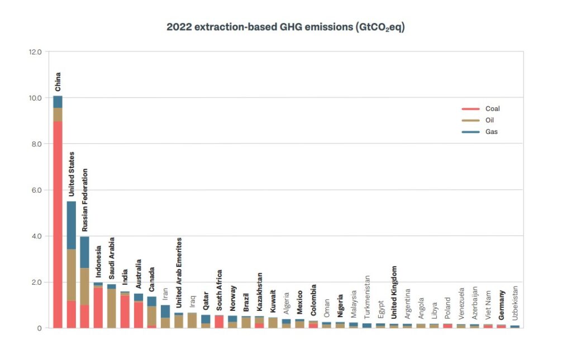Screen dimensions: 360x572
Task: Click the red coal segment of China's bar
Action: [x=58, y=223]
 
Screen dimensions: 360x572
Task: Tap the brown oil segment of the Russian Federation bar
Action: [x=84, y=286]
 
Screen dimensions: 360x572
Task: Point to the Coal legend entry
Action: [x=492, y=109]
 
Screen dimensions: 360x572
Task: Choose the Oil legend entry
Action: [x=489, y=120]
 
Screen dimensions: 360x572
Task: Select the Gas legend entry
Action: [x=491, y=132]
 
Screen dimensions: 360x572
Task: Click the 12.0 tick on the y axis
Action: [x=35, y=52]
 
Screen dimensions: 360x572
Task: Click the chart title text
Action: [x=285, y=27]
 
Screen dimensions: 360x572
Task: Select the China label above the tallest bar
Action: [x=58, y=81]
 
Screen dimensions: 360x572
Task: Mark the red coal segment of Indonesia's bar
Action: [x=98, y=307]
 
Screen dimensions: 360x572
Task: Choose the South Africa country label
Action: [x=219, y=290]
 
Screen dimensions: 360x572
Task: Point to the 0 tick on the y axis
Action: [x=39, y=328]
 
